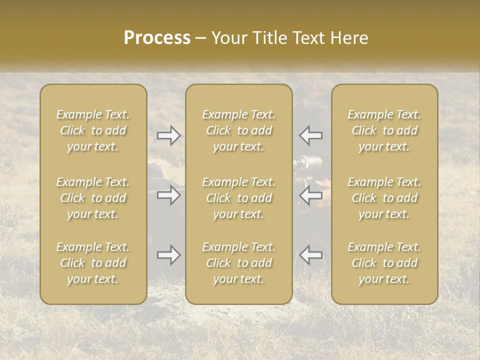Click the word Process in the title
157,38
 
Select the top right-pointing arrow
169,135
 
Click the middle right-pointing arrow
169,194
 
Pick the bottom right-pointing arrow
169,255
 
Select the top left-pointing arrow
311,135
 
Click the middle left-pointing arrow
311,194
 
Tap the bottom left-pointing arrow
311,255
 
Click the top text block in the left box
93,130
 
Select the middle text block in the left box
93,198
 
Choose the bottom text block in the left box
93,263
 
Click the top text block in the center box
239,130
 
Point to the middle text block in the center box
239,198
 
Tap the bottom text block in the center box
239,263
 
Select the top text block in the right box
384,130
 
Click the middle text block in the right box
384,198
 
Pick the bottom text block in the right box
384,263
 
